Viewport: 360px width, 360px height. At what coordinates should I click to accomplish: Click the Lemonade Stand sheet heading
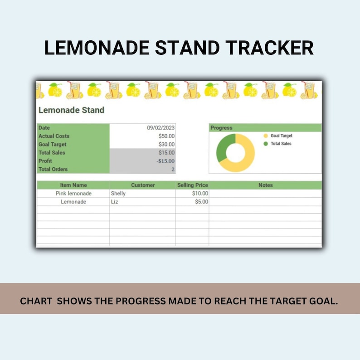pos(71,110)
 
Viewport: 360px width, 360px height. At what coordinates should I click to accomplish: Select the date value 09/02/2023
pos(161,128)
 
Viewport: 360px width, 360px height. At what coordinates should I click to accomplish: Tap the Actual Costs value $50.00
pos(166,136)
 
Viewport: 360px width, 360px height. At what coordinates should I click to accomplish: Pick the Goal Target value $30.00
pos(166,144)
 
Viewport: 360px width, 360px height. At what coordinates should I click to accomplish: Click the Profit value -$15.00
pos(165,161)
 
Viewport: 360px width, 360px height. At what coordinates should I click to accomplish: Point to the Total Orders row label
pos(53,169)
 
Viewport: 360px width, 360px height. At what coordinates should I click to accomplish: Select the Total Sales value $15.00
pos(166,153)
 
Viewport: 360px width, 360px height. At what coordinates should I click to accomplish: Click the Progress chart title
pos(221,128)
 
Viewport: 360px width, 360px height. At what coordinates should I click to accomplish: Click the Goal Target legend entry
pos(281,136)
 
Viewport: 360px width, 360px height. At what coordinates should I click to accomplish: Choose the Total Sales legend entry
pos(281,144)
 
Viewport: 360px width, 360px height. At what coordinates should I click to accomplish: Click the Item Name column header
pos(73,185)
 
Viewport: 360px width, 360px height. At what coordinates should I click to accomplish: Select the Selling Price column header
pos(192,185)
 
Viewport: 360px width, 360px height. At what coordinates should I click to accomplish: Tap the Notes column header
pos(266,185)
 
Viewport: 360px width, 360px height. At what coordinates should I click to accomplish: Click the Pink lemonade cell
pos(73,194)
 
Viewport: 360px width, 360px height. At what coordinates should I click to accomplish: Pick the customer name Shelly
pos(118,194)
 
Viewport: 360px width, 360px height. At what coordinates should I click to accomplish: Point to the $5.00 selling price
pos(201,202)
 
